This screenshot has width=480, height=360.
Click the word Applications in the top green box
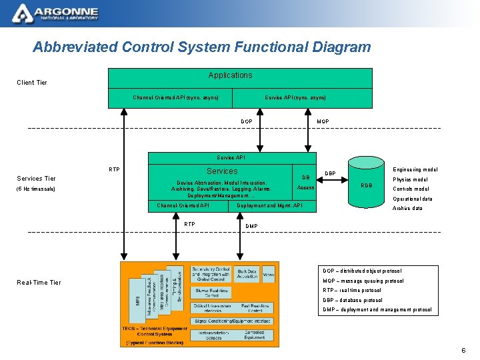(x=230, y=75)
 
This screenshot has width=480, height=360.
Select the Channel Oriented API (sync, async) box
(x=175, y=98)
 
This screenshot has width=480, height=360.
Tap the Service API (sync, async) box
(x=295, y=98)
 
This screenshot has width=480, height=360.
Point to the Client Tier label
(x=32, y=83)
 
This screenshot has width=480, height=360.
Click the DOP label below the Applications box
(x=246, y=121)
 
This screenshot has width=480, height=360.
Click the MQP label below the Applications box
(x=323, y=121)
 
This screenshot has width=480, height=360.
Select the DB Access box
(x=306, y=183)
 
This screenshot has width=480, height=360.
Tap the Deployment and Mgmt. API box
(x=270, y=205)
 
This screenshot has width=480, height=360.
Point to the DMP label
(x=251, y=226)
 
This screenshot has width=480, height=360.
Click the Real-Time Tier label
(x=39, y=283)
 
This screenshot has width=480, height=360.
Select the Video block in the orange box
(x=268, y=273)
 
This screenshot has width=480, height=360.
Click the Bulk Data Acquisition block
(x=246, y=274)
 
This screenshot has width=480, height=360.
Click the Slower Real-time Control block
(x=211, y=292)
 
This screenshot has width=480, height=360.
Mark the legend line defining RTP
(x=352, y=291)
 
